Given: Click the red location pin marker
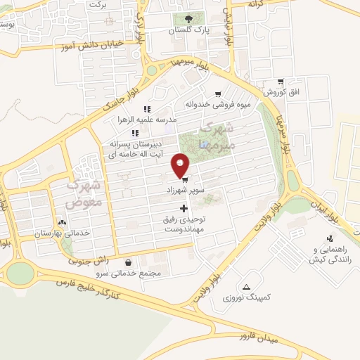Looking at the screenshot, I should tap(181, 165).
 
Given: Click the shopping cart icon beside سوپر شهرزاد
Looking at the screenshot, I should tap(184, 179).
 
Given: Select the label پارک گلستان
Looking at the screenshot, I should tap(193, 31).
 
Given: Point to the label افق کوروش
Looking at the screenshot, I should tap(281, 93).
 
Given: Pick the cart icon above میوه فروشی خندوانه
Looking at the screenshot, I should tap(218, 94).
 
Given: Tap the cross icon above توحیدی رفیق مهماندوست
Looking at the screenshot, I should tap(184, 208).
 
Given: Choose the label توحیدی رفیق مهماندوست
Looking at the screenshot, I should tap(186, 224).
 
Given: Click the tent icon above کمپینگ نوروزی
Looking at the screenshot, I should tap(247, 286).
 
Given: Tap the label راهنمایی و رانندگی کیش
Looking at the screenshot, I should tap(330, 254).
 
